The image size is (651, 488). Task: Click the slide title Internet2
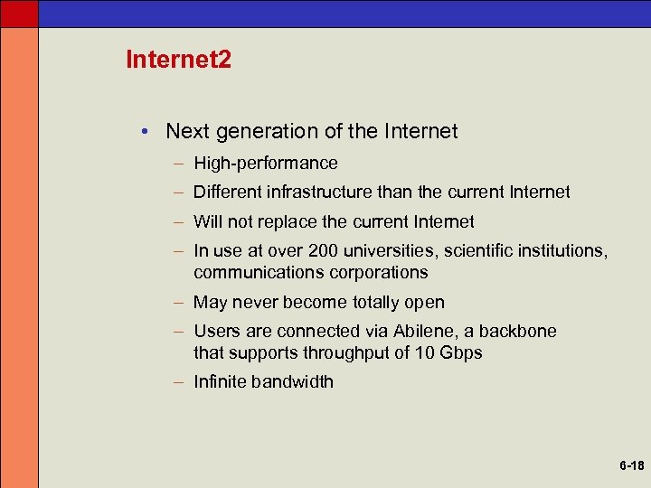point(179,61)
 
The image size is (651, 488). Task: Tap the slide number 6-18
point(631,466)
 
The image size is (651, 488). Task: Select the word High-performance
point(266,164)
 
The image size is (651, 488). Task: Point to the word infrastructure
point(313,192)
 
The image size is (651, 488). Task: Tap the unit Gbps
point(460,352)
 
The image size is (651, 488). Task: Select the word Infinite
point(221,381)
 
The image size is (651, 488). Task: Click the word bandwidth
point(292,381)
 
